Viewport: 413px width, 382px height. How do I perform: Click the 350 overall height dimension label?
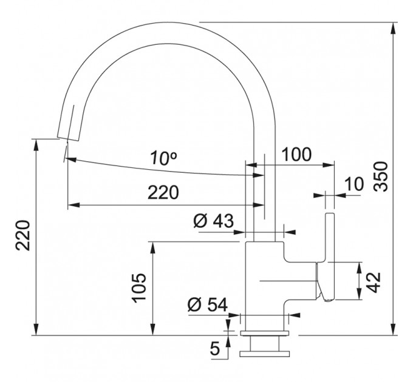point(381,176)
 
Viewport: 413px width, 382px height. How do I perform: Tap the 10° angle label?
point(163,158)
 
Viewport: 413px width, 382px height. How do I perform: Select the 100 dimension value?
point(296,155)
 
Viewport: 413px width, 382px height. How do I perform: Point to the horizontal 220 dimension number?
point(163,192)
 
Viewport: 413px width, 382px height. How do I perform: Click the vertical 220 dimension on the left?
point(22,235)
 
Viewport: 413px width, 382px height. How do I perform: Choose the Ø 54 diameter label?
point(208,305)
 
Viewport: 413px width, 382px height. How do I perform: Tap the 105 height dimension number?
point(139,288)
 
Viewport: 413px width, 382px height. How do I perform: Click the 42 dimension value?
point(374,283)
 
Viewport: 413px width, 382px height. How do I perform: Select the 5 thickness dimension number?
point(215,349)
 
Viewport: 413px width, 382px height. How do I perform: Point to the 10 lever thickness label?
point(354,184)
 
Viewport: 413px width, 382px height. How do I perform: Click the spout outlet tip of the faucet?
point(68,139)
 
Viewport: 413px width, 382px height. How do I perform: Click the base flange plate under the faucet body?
point(265,333)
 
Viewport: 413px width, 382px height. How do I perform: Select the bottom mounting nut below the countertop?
point(265,354)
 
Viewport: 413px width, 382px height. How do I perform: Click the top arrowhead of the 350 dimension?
point(393,28)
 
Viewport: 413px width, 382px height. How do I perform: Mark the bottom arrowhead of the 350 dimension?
point(393,329)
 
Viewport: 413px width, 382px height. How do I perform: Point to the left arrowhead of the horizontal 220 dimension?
point(73,205)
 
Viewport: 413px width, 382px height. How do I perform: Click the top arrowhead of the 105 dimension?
point(152,247)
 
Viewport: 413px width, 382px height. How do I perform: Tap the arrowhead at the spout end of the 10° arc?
point(70,159)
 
